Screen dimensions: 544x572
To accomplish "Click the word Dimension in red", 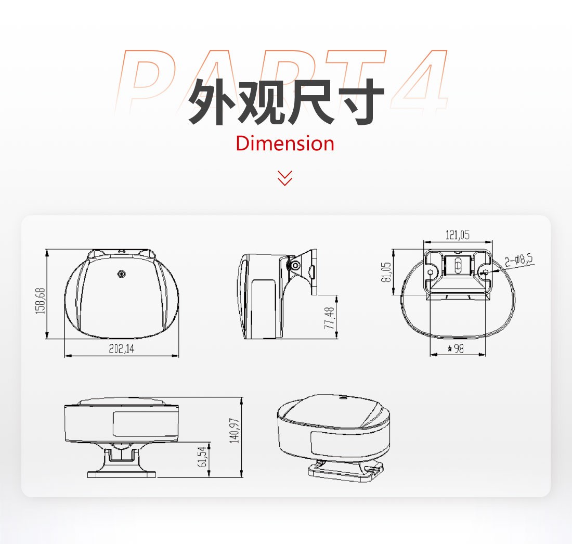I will click(285, 143).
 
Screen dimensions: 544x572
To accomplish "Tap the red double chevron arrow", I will click(285, 178).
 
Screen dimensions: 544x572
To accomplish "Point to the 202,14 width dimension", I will click(121, 349).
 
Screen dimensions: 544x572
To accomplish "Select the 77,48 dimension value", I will click(329, 318).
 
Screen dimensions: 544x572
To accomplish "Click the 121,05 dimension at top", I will click(458, 235).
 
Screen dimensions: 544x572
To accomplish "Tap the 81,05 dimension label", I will click(387, 272).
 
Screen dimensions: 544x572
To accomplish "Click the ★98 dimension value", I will click(456, 348).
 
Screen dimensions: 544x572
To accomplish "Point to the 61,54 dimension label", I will click(202, 457).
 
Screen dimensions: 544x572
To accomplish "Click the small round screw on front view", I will click(122, 274).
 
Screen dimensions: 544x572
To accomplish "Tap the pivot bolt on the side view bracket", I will click(295, 266).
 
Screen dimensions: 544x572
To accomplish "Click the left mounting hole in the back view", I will click(431, 272).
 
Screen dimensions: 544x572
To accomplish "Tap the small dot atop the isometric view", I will click(342, 399).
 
